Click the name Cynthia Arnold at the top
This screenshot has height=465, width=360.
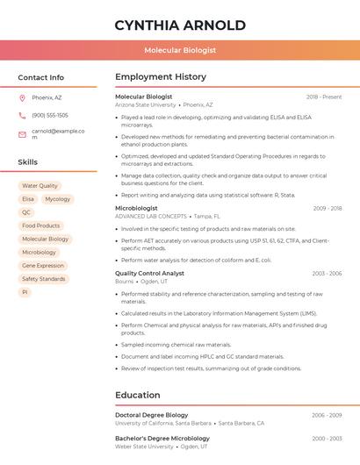(x=180, y=25)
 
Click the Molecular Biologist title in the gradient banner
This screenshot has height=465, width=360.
(x=180, y=50)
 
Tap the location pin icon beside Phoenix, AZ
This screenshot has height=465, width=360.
(x=22, y=97)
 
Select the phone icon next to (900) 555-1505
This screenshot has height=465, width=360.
(x=22, y=115)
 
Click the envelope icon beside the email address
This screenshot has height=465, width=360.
(x=22, y=134)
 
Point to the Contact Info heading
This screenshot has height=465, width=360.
(x=41, y=77)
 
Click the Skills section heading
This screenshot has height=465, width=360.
(x=28, y=162)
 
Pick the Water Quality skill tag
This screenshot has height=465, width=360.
(x=40, y=186)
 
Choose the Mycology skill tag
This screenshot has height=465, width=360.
(x=58, y=199)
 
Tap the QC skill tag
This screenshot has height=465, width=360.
(x=26, y=212)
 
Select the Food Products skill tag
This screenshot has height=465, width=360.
(x=41, y=225)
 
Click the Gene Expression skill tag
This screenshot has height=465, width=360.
(x=43, y=265)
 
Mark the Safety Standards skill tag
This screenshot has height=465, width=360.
(x=44, y=279)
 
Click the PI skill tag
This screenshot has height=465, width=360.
(x=25, y=292)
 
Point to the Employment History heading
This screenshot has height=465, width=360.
(x=160, y=77)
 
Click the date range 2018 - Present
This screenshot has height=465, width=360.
(x=324, y=97)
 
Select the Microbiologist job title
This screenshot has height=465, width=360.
(x=136, y=208)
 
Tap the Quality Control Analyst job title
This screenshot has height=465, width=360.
(x=149, y=273)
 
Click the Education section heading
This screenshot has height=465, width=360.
(x=138, y=395)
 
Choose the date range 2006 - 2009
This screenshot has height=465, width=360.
(x=327, y=415)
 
